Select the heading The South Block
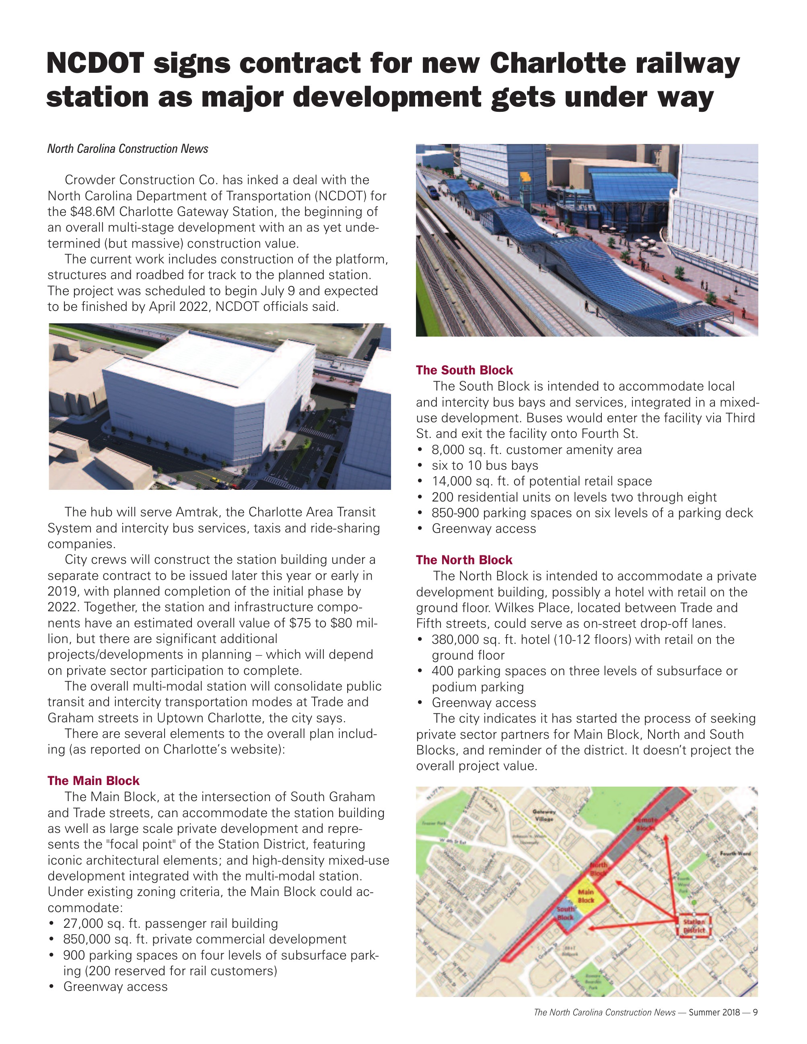click(464, 370)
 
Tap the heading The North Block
click(464, 560)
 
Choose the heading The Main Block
click(93, 781)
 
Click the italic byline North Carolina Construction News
click(128, 149)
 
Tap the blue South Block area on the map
click(566, 915)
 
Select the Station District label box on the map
click(694, 926)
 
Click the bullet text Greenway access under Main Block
click(115, 986)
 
